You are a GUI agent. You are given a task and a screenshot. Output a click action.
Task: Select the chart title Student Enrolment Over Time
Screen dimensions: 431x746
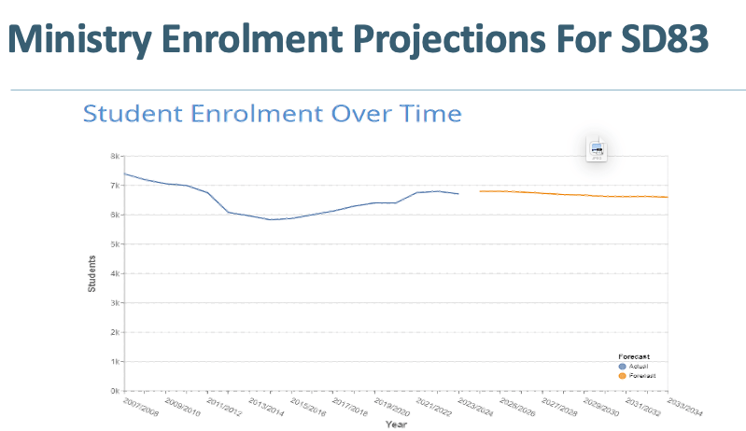pyautogui.click(x=272, y=114)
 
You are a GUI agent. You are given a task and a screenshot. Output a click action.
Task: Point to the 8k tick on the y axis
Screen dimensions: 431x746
pyautogui.click(x=114, y=157)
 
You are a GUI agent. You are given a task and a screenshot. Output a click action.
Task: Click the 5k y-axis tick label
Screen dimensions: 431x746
pyautogui.click(x=114, y=244)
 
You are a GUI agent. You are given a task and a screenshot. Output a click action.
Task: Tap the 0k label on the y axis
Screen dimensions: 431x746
pyautogui.click(x=114, y=391)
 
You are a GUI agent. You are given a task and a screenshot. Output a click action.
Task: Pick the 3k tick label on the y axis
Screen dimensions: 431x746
pyautogui.click(x=114, y=303)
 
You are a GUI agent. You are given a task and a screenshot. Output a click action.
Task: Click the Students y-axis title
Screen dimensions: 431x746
pyautogui.click(x=91, y=275)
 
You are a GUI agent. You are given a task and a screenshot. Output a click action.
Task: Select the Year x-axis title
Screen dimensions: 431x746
pyautogui.click(x=397, y=424)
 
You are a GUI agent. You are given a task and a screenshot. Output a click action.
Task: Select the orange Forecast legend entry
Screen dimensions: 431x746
pyautogui.click(x=641, y=375)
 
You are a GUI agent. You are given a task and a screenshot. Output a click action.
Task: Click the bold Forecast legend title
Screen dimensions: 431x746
pyautogui.click(x=634, y=356)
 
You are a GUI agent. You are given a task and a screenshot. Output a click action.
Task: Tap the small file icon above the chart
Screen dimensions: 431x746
pyautogui.click(x=597, y=149)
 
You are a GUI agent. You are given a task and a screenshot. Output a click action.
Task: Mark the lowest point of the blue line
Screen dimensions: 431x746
pyautogui.click(x=270, y=219)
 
